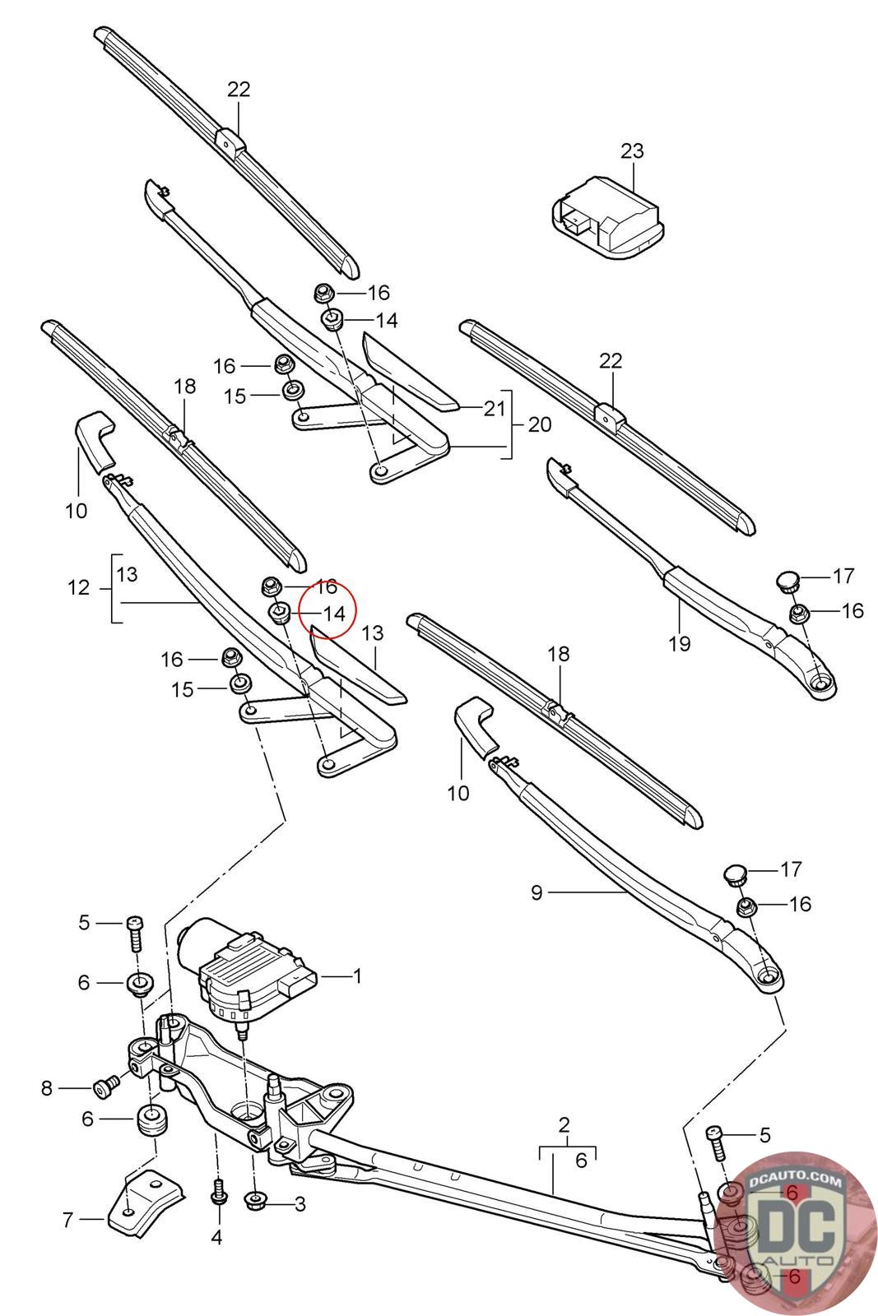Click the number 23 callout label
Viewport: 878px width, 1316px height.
pos(632,151)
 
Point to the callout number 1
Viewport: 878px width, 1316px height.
pos(357,976)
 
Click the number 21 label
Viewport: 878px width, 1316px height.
pos(494,408)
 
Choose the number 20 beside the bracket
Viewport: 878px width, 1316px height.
pos(539,425)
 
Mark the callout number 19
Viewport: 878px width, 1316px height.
pos(680,642)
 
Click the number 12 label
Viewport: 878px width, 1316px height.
pos(78,588)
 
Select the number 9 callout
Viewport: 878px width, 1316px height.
pos(537,892)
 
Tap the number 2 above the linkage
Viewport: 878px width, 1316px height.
pos(564,1124)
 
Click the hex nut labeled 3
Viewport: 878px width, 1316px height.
pos(255,1202)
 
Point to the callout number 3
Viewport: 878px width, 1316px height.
pos(300,1204)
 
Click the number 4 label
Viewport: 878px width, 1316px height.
pos(217,1237)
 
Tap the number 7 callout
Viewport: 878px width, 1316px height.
pos(69,1220)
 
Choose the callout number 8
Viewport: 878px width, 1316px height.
pos(47,1089)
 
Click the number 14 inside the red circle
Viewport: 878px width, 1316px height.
pos(333,613)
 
